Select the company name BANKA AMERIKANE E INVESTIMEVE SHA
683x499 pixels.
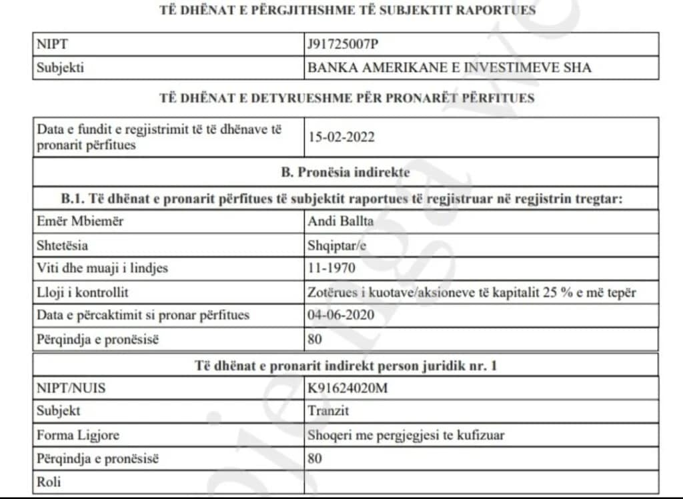pos(450,67)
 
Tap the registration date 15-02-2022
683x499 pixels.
pos(341,137)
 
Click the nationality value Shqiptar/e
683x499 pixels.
pos(337,245)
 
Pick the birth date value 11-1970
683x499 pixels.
pos(332,269)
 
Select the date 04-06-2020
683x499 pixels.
pos(341,315)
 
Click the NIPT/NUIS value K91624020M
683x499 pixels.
pos(347,388)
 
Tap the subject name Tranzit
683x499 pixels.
pos(328,411)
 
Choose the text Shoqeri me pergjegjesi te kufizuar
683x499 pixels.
pos(406,435)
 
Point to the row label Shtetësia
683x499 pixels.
pos(62,245)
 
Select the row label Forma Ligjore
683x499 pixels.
pos(78,435)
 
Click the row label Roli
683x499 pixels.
pos(49,481)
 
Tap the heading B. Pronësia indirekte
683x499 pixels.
pos(346,172)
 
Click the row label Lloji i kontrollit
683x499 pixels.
pos(83,292)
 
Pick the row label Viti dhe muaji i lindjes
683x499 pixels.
pos(102,269)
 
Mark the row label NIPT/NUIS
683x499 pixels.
pos(71,388)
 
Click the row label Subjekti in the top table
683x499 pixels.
pos(60,67)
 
